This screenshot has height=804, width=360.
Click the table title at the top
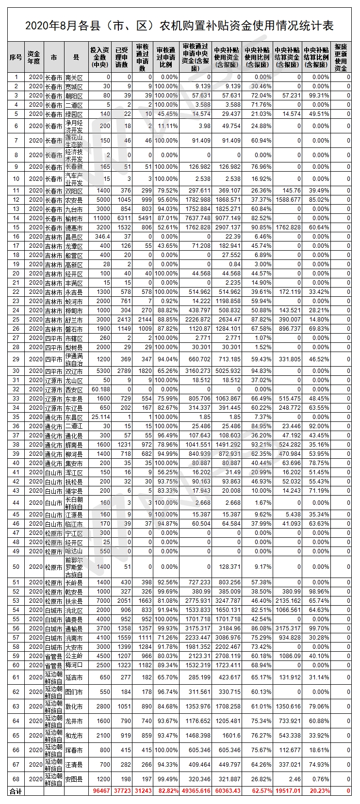click(180, 26)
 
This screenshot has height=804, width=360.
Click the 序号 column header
click(16, 57)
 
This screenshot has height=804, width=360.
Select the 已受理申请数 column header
click(122, 57)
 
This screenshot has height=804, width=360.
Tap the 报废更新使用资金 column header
click(341, 57)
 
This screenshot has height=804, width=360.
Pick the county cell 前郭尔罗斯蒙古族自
click(74, 566)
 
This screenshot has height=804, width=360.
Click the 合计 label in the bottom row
click(16, 791)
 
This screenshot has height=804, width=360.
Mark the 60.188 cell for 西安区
click(101, 389)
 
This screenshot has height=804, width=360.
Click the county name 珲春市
click(74, 750)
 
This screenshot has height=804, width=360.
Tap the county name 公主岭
click(74, 656)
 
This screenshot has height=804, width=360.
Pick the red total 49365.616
click(196, 791)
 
